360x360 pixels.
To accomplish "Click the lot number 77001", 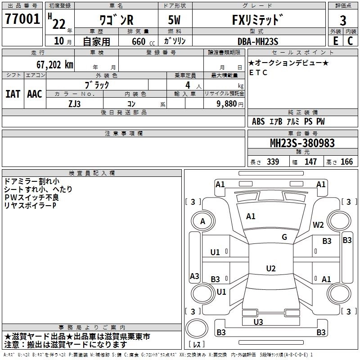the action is coord(22,19).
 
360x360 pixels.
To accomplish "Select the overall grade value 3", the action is coord(343,21).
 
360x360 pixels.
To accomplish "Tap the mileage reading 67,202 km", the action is coord(54,65).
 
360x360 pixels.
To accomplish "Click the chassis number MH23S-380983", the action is coord(302,143).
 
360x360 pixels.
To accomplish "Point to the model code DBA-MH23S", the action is coord(258,41).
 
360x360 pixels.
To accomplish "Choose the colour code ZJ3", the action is coord(74,104).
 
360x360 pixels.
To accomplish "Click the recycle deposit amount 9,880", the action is coord(226,103).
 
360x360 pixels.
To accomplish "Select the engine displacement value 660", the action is coord(139,41).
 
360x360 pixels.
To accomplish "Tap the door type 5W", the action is coord(174,20).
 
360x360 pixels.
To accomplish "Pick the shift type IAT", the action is coord(13,94).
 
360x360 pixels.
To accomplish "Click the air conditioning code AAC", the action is coord(35,94).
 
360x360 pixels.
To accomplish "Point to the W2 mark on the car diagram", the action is coord(318,225).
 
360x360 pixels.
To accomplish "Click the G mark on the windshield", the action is coord(284,237).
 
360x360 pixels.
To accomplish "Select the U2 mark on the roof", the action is coord(271,268).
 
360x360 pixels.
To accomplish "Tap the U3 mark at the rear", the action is coord(258,322).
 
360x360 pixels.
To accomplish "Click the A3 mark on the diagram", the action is coord(194,276).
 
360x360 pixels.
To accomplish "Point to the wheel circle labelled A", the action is coord(203,221).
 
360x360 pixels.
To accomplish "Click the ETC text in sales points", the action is coord(258,72).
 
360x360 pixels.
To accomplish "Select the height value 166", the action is coord(346,162).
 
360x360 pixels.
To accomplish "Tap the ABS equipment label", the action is coord(258,121).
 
